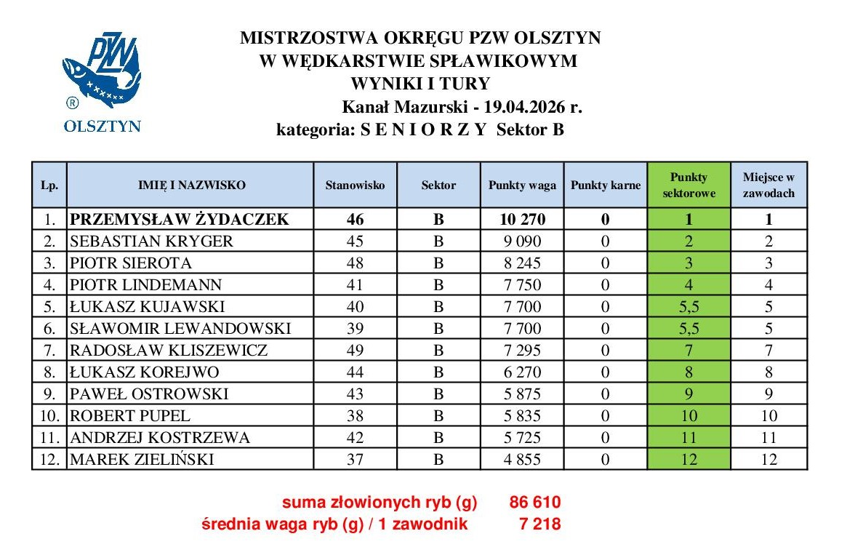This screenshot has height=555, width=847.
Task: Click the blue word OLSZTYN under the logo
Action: click(x=103, y=126)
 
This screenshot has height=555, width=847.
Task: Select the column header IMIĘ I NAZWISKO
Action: click(x=192, y=185)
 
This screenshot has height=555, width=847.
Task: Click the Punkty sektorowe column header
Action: click(x=689, y=185)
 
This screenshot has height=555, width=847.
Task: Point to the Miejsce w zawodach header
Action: click(x=768, y=185)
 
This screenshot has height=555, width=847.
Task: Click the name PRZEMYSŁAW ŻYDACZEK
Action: click(x=179, y=219)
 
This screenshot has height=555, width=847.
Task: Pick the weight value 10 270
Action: click(x=522, y=219)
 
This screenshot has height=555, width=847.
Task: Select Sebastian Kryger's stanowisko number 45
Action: click(x=356, y=241)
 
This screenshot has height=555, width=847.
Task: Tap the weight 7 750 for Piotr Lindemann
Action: click(x=522, y=284)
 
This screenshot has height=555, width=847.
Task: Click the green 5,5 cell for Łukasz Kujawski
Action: click(x=689, y=306)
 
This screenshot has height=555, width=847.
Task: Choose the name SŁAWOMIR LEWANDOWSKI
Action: click(x=180, y=329)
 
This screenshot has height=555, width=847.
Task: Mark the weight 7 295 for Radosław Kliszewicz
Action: click(x=522, y=351)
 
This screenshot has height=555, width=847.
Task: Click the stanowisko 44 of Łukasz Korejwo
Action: click(x=356, y=372)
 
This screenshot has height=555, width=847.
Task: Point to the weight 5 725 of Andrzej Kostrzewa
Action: click(x=522, y=438)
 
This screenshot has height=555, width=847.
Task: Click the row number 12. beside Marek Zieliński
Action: click(x=49, y=460)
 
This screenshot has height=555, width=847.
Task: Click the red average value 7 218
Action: click(x=540, y=523)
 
